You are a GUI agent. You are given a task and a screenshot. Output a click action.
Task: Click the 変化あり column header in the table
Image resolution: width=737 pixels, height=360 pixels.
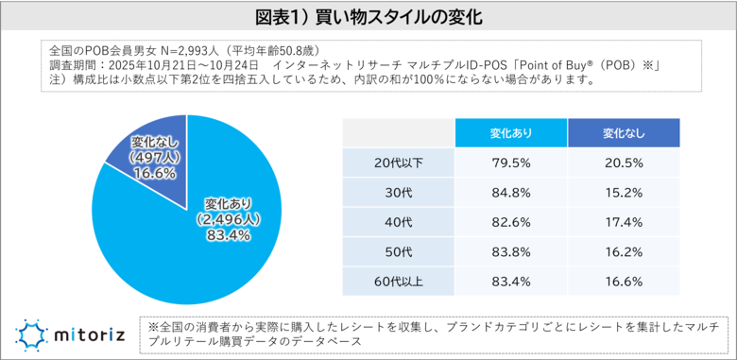[x=511, y=133]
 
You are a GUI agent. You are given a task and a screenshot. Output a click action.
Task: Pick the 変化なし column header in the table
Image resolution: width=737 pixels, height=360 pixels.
[x=624, y=133]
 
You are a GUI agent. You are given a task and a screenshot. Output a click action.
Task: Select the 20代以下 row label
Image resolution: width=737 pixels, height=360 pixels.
[x=398, y=163]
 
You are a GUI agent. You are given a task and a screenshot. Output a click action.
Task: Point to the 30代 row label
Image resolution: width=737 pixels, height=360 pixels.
[x=398, y=193]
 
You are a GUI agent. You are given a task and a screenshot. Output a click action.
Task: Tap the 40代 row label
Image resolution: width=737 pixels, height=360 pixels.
[x=398, y=222]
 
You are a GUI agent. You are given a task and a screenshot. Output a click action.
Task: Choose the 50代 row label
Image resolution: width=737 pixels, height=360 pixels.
[x=398, y=252]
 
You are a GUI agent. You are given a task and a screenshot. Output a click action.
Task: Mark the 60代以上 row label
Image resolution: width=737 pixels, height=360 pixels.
[x=398, y=282]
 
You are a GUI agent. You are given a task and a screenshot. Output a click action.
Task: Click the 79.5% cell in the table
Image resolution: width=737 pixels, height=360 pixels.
[x=511, y=163]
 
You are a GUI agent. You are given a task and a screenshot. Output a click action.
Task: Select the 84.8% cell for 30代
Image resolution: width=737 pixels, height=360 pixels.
[x=511, y=193]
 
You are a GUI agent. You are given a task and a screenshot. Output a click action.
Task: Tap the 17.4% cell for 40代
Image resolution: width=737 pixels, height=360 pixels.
[x=624, y=222]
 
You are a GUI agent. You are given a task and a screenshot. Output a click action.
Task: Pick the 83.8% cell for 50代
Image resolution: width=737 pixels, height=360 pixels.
[x=511, y=252]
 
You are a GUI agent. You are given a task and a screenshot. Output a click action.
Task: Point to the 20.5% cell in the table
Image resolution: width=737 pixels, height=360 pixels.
[x=624, y=163]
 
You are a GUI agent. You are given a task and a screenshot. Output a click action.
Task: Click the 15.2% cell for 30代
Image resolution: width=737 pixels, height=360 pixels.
[x=624, y=193]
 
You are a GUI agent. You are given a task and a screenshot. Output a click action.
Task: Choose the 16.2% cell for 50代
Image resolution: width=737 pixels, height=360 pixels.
[x=624, y=252]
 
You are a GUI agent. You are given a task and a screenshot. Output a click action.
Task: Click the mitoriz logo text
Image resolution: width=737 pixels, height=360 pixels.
[x=90, y=333]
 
